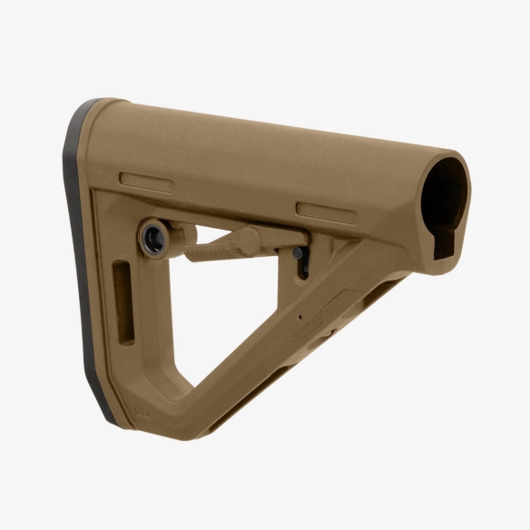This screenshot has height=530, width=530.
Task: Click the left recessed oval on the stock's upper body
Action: pos(146,180)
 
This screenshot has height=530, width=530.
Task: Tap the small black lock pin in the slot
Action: pos(305,264)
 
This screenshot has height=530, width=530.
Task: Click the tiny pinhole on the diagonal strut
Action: pos(300,319)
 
